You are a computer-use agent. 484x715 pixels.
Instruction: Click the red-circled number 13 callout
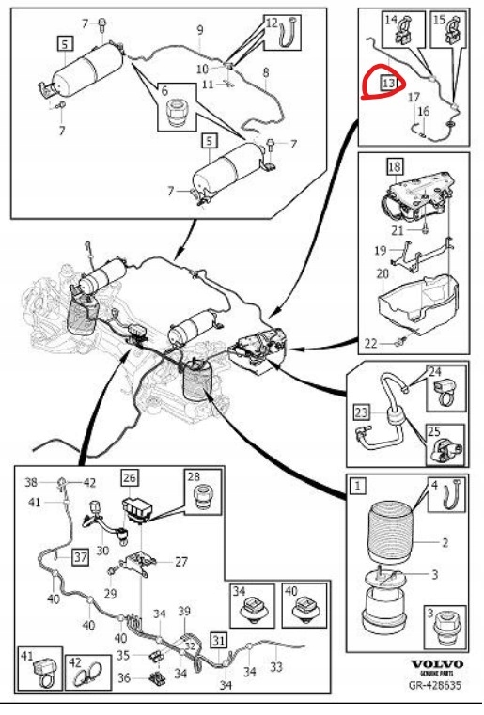tap(389, 84)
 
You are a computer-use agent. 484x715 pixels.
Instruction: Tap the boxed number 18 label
tap(395, 166)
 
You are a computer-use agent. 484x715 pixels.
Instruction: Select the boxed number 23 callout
tap(361, 412)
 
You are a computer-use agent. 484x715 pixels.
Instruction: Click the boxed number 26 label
tap(130, 477)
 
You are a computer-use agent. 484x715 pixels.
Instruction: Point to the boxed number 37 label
tap(80, 557)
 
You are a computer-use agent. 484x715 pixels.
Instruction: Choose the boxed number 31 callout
tap(219, 641)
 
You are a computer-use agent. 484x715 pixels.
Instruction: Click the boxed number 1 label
tap(358, 486)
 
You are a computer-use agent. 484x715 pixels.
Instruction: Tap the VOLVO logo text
tap(437, 664)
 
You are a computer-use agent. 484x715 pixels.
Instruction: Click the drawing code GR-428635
tap(435, 685)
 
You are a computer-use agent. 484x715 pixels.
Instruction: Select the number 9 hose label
tap(200, 31)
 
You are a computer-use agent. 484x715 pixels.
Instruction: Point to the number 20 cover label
tap(383, 273)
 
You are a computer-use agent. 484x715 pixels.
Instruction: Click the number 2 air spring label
tap(445, 543)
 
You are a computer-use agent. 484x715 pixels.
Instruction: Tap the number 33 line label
tap(276, 667)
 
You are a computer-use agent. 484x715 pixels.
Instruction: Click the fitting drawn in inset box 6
tap(177, 113)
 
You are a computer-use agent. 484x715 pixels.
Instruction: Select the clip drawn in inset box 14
tap(404, 31)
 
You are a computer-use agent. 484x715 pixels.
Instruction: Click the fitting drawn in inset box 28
tap(204, 496)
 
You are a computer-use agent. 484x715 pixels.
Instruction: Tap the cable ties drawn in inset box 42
tap(89, 676)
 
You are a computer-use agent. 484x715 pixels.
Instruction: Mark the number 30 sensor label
tap(102, 551)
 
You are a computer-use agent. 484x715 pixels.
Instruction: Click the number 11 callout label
tap(208, 85)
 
